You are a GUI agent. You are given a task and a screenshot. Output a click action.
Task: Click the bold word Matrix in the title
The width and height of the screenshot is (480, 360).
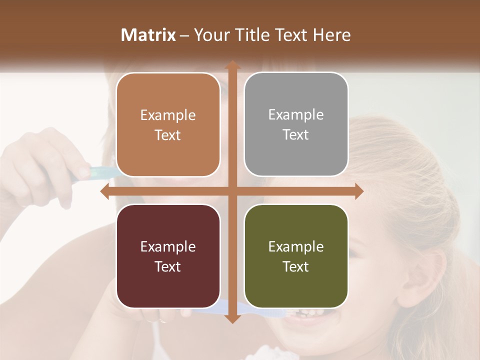(148, 35)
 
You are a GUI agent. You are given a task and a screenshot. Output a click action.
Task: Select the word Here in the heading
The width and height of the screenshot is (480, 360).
(331, 35)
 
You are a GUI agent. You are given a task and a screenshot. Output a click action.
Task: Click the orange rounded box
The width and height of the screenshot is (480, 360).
(168, 125)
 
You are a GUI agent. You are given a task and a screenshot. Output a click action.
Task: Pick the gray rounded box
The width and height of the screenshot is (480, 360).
(296, 124)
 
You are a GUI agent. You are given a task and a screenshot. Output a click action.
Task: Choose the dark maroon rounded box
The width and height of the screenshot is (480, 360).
(168, 256)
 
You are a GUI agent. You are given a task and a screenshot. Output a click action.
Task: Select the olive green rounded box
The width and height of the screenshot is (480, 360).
(296, 256)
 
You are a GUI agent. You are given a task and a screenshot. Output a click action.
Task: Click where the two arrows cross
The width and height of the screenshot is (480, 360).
(232, 191)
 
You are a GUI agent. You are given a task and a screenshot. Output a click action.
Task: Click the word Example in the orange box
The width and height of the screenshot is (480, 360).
(168, 115)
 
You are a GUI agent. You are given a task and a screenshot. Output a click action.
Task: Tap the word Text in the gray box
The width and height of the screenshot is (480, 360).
(296, 135)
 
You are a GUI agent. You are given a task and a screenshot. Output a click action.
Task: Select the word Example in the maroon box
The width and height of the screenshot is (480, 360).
(168, 247)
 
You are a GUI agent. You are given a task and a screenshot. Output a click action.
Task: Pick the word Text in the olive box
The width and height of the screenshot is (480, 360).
(296, 267)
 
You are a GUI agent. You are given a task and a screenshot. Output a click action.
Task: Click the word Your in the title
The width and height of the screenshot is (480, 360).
(209, 35)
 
